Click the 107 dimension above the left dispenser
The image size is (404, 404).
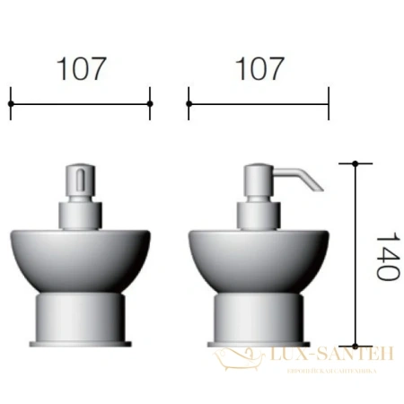pyautogui.click(x=81, y=68)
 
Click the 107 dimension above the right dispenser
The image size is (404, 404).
pyautogui.click(x=259, y=68)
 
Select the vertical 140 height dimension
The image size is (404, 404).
pyautogui.click(x=384, y=257)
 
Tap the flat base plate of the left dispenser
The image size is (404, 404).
pyautogui.click(x=81, y=343)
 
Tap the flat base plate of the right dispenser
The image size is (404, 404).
pyautogui.click(x=259, y=343)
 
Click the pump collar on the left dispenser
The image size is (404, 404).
pyautogui.click(x=81, y=215)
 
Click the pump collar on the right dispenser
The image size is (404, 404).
pyautogui.click(x=259, y=215)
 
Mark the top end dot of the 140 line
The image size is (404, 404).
pyautogui.click(x=356, y=163)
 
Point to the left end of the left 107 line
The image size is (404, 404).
pyautogui.click(x=11, y=103)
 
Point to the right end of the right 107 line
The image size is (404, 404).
pyautogui.click(x=329, y=103)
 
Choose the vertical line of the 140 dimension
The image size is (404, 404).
pyautogui.click(x=356, y=256)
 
